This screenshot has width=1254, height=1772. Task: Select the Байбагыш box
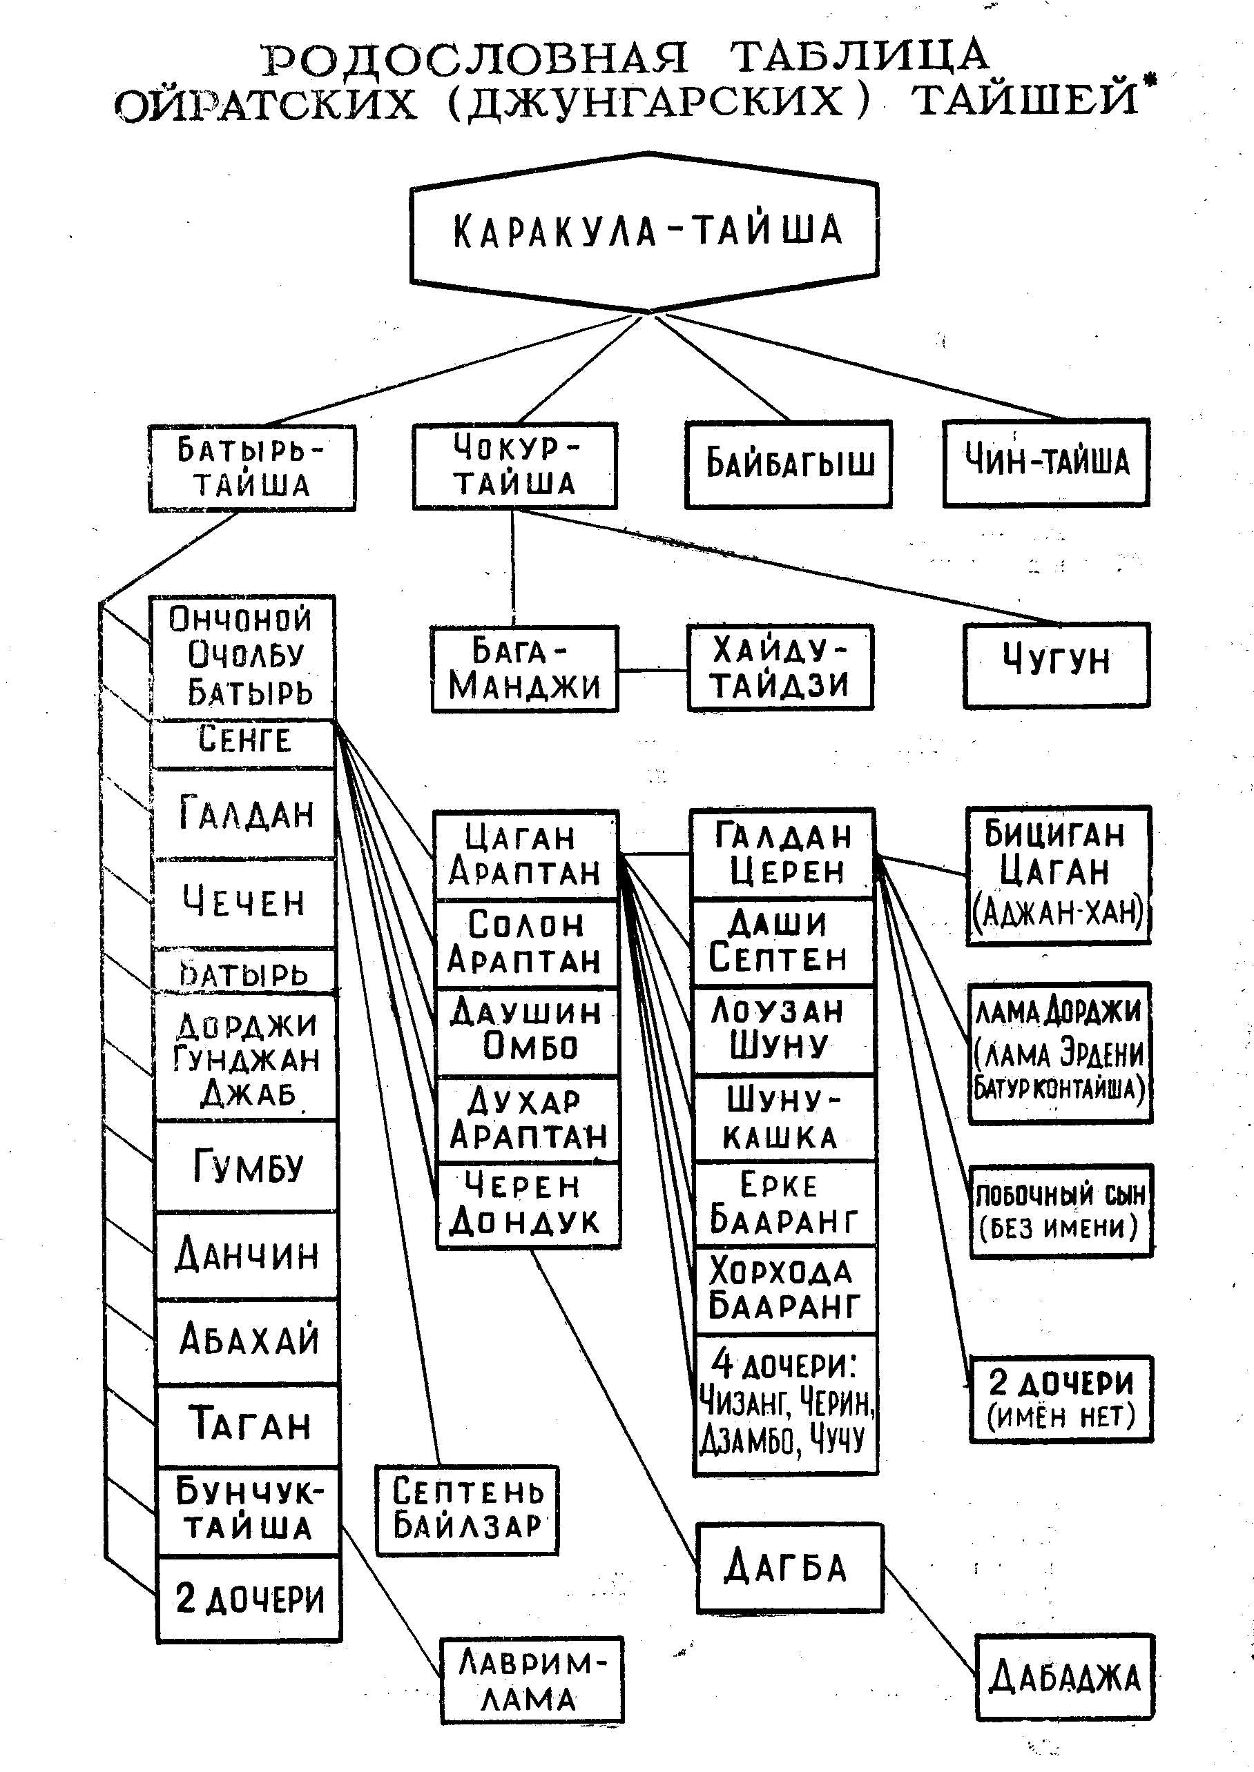coord(789,464)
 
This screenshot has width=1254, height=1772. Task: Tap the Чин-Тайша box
coord(1046,462)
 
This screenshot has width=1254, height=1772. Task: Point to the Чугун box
coord(1057,664)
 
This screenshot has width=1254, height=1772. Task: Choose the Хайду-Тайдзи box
coord(780,667)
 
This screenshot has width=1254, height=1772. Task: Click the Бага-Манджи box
coord(524,669)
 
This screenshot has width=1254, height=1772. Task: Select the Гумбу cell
coord(247,1166)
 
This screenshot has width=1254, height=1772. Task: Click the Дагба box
coord(789,1568)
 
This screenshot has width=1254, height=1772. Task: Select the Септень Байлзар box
coord(466,1510)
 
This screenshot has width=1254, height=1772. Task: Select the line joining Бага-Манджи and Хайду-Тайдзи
coord(653,670)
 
